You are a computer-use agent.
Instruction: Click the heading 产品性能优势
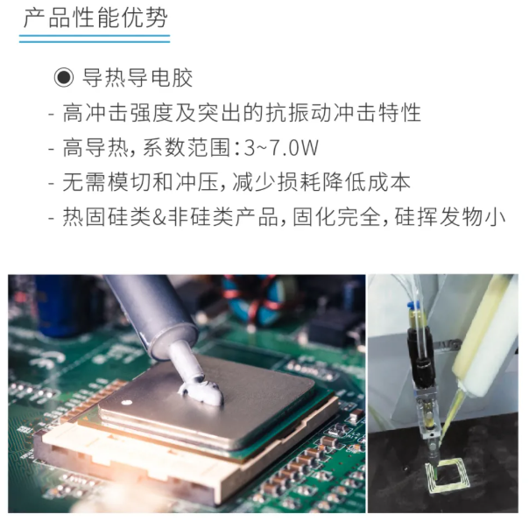click(95, 18)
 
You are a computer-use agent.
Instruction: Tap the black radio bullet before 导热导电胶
click(64, 78)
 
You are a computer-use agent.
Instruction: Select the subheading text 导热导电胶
click(138, 78)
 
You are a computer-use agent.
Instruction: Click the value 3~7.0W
click(281, 147)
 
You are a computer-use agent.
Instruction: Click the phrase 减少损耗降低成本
click(321, 182)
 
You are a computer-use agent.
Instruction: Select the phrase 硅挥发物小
click(449, 217)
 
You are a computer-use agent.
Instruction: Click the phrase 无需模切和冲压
click(140, 182)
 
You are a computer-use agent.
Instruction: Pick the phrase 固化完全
click(336, 217)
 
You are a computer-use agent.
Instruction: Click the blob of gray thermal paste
click(201, 391)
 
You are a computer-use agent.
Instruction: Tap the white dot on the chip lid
click(127, 402)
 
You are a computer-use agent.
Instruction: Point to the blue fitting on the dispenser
click(413, 306)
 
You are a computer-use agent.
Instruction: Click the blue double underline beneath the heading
click(95, 39)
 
